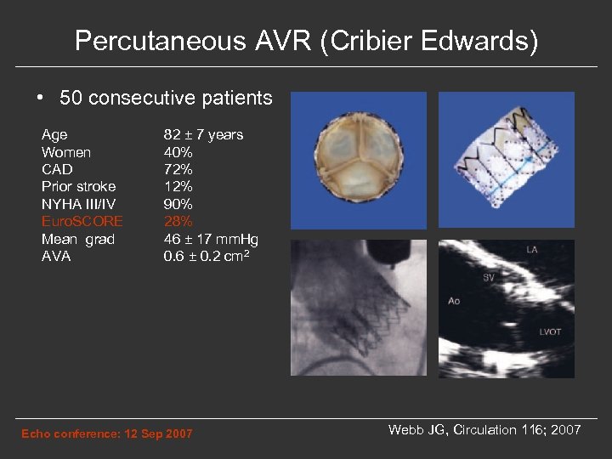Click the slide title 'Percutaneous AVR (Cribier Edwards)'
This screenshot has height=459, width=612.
(x=306, y=41)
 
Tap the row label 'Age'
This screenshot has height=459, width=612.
(x=54, y=134)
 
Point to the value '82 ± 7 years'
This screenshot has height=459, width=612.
(x=203, y=134)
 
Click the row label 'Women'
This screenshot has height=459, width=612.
(x=66, y=152)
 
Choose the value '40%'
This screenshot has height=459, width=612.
(x=178, y=152)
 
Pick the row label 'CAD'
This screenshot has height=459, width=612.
(x=57, y=169)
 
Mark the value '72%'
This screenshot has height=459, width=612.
(x=178, y=169)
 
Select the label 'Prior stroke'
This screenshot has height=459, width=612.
(x=79, y=186)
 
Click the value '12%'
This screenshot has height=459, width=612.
(x=178, y=186)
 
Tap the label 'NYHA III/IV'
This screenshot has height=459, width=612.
(x=77, y=204)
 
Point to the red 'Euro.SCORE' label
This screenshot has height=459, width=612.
(x=82, y=221)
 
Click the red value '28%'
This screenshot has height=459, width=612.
(x=178, y=221)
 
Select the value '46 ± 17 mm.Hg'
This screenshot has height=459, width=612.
(x=211, y=239)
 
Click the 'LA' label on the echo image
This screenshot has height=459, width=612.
(x=531, y=250)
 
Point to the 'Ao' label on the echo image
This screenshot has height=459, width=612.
(x=454, y=300)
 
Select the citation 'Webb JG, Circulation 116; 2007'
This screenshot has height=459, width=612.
(x=484, y=430)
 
